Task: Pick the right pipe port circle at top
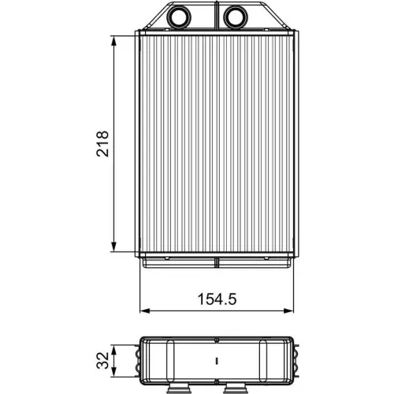234,16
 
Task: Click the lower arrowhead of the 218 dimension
116,246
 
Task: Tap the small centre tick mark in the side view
216,362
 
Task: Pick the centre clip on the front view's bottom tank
216,260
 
